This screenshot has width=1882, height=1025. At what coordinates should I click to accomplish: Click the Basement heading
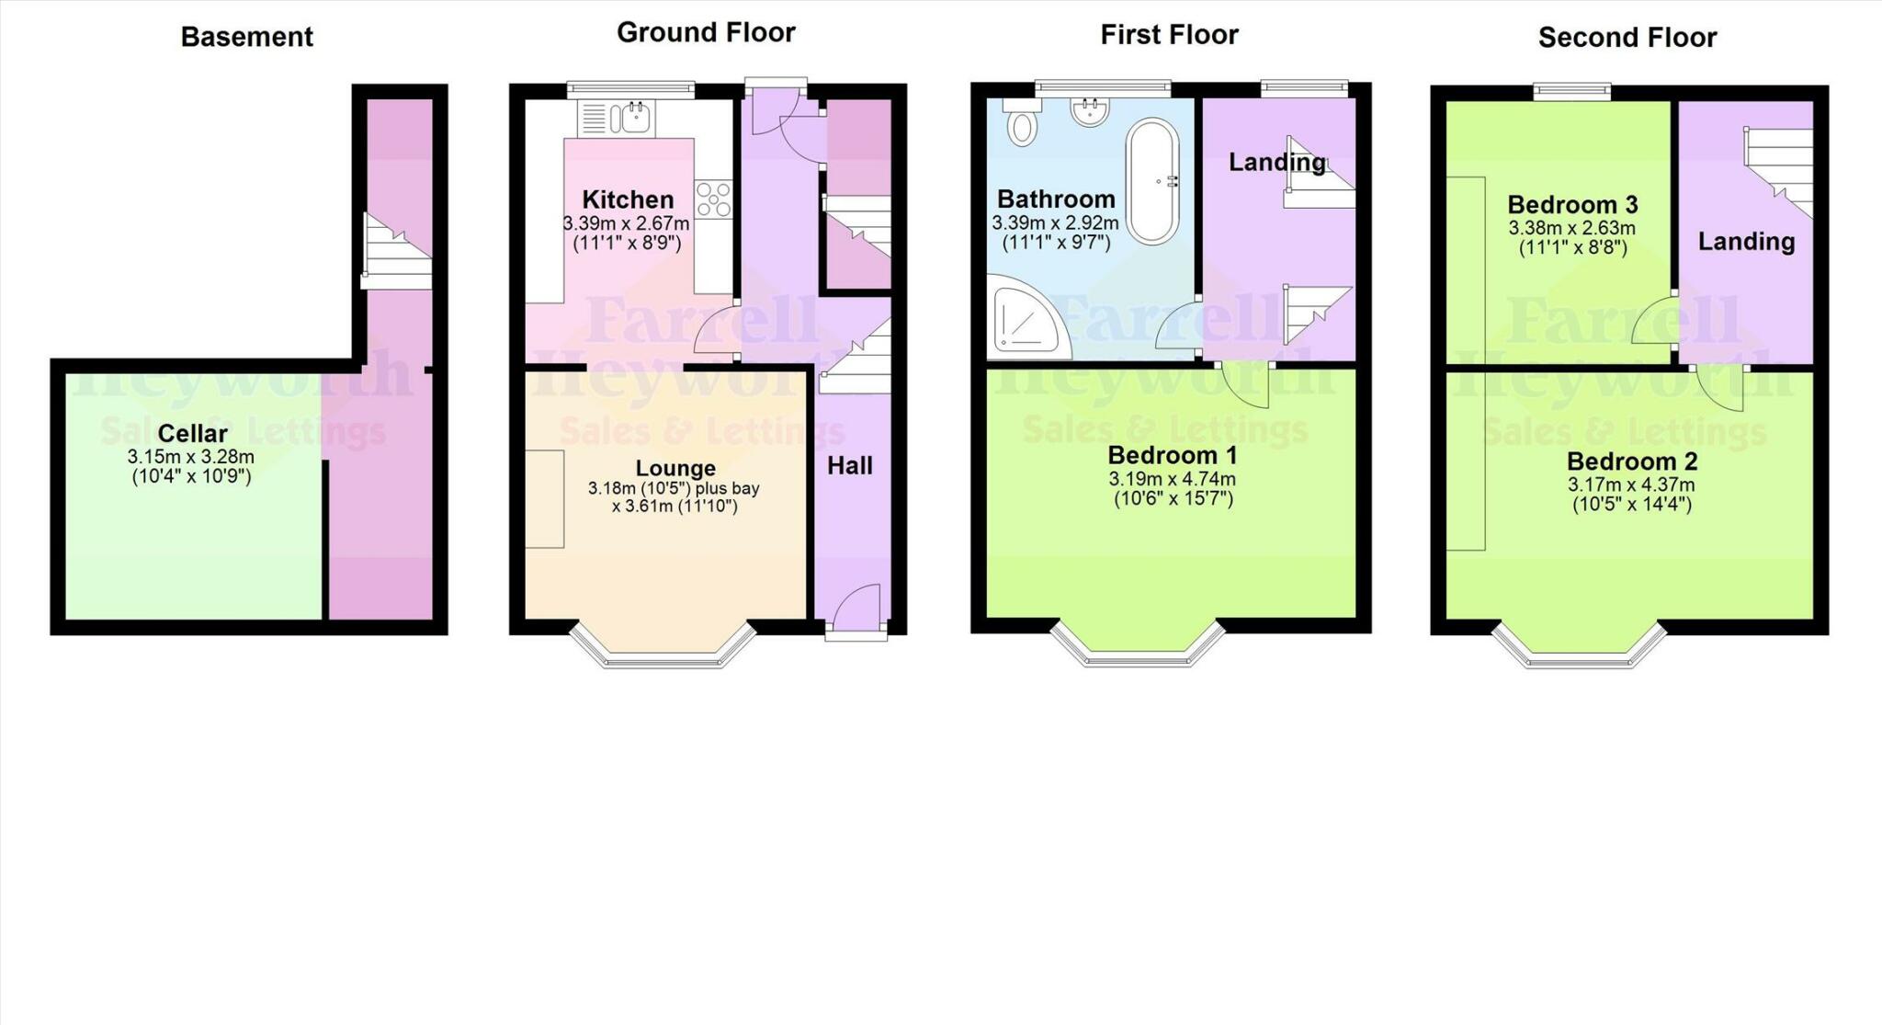tap(246, 37)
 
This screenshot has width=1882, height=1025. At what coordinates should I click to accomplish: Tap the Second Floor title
tap(1627, 38)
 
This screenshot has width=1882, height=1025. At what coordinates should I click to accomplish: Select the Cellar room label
tap(192, 434)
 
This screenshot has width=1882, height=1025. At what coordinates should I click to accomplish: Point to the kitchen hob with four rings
tap(713, 199)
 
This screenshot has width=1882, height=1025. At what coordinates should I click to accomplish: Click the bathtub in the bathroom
tap(1152, 182)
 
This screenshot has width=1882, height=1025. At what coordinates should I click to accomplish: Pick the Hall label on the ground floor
tap(849, 466)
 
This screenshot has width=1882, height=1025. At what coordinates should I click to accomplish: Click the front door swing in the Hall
tap(858, 607)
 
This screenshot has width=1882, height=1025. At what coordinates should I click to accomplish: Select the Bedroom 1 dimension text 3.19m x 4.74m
tap(1172, 479)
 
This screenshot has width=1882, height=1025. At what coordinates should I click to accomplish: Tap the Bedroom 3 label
tap(1572, 204)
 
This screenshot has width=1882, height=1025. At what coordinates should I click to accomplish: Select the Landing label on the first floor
tap(1276, 163)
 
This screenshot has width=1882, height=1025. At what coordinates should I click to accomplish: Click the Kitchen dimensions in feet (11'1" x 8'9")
tap(627, 244)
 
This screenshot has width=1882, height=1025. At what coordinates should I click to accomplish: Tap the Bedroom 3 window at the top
tap(1571, 90)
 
